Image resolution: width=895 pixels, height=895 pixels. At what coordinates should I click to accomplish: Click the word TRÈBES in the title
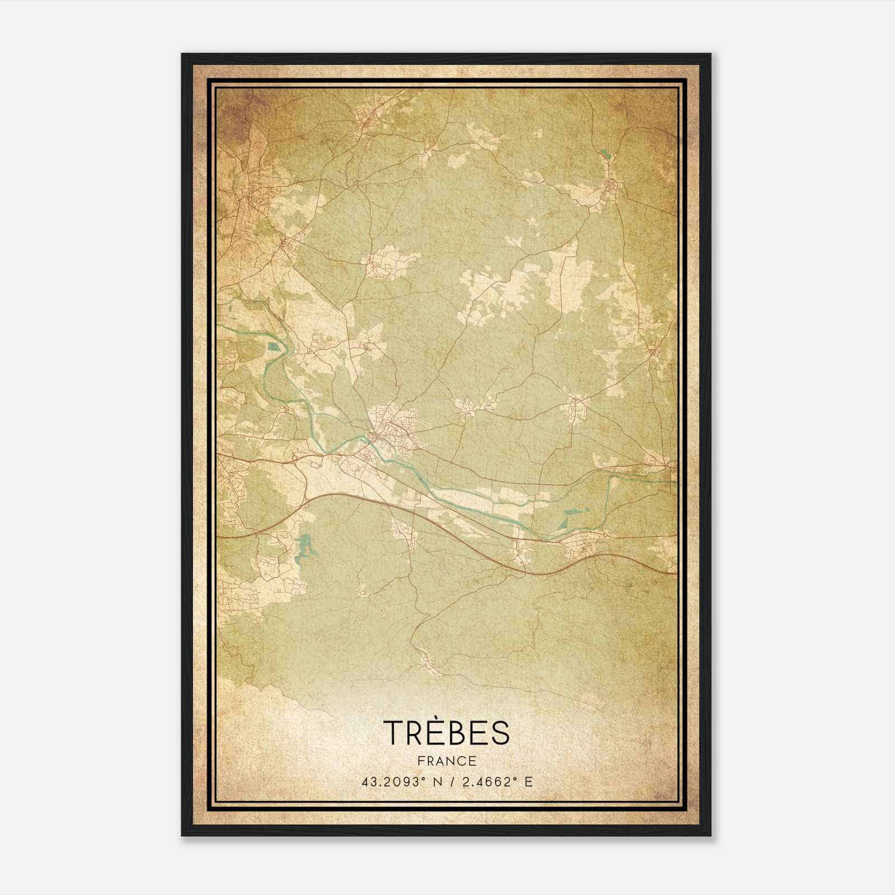click(x=447, y=732)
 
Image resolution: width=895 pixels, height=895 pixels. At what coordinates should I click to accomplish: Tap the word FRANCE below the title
click(x=447, y=761)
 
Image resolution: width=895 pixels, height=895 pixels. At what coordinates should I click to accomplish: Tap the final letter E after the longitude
click(x=529, y=781)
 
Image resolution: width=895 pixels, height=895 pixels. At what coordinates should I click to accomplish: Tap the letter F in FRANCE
click(x=421, y=761)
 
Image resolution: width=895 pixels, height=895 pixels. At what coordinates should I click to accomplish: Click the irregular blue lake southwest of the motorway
click(x=303, y=546)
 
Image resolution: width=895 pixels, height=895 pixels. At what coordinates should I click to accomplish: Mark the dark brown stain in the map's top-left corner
click(x=235, y=112)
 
